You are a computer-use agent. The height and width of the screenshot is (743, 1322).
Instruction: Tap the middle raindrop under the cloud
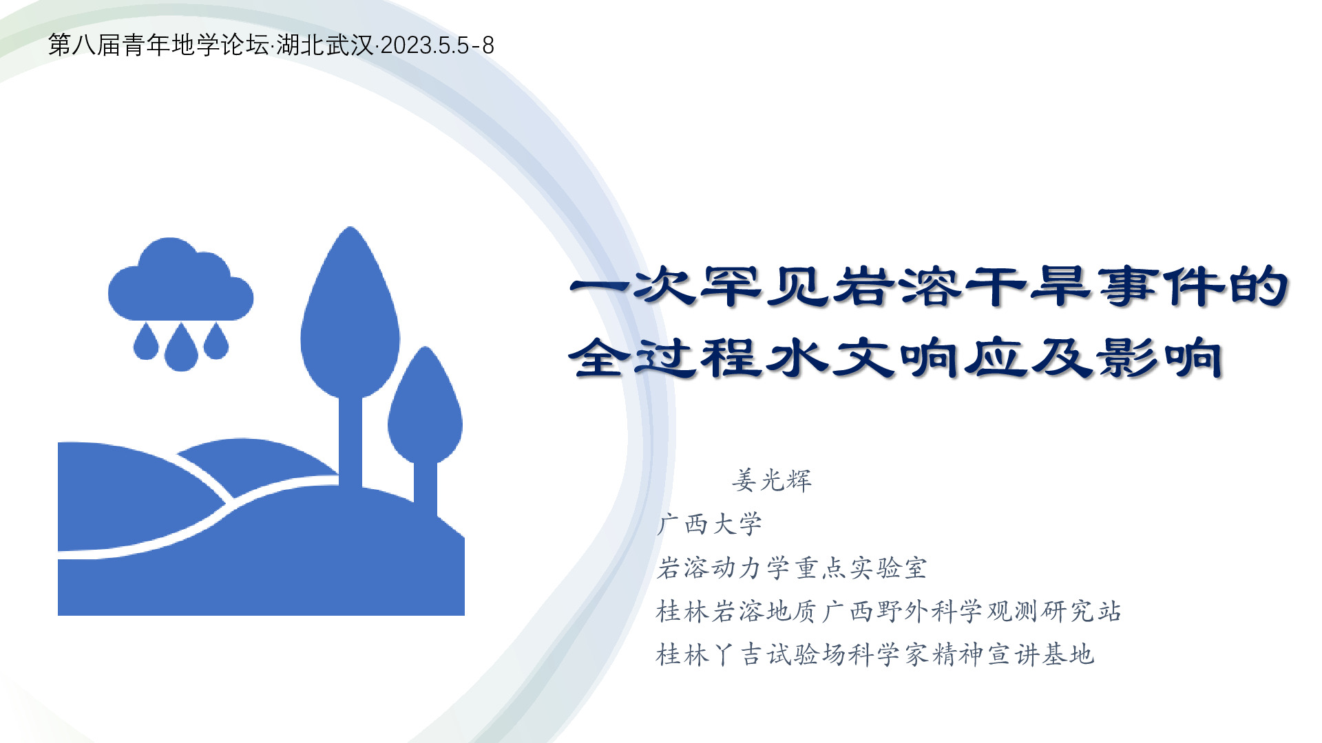tap(181, 349)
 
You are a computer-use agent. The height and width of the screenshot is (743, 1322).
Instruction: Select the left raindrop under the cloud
tap(146, 342)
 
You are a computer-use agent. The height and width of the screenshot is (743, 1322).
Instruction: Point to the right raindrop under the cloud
tap(216, 341)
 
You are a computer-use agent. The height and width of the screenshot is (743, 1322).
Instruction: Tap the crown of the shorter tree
tap(425, 406)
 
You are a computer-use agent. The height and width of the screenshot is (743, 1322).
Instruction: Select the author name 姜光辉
tap(772, 480)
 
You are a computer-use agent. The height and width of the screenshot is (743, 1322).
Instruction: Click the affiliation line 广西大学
tap(710, 524)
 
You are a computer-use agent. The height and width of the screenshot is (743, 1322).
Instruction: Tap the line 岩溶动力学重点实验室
tap(792, 568)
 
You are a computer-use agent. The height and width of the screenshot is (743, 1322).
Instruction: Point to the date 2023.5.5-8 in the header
tap(437, 45)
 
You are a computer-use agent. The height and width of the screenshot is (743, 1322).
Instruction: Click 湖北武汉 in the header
tap(325, 45)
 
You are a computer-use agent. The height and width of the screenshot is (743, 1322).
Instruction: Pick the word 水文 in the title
tap(830, 358)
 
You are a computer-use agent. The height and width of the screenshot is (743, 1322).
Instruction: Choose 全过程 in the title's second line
tap(664, 358)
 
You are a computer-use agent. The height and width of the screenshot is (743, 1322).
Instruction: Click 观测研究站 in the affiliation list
tap(1054, 611)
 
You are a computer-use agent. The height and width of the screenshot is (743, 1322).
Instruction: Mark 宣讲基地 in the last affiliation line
tap(1040, 654)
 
